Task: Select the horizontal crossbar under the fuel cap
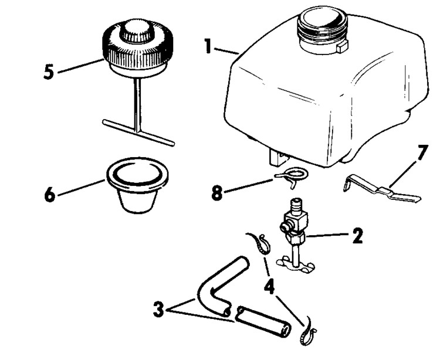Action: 138,131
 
